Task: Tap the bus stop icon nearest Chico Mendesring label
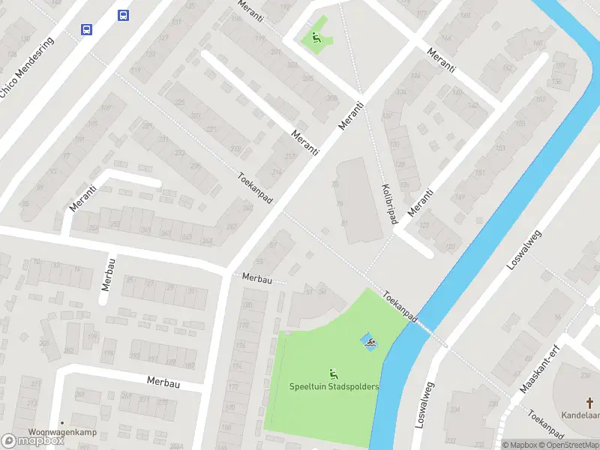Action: coord(87,29)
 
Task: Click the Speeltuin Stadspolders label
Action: coord(334,386)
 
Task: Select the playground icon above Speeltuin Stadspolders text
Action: coord(334,373)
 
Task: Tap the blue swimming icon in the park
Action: coord(369,343)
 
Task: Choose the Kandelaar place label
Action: coord(581,414)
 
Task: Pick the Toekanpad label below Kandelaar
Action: coord(545,424)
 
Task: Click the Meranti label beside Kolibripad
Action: coord(421,202)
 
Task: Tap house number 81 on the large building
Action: coord(344,223)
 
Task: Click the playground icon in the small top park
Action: coord(316,37)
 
